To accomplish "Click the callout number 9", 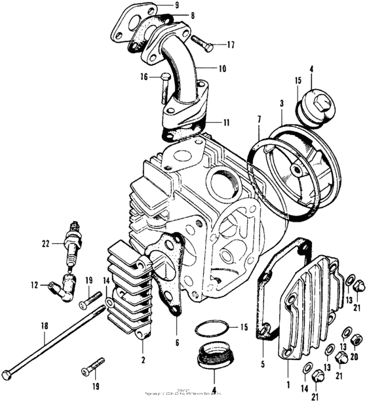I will (x=176, y=6).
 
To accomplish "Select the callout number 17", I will (x=230, y=45).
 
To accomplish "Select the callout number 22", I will (x=45, y=244).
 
